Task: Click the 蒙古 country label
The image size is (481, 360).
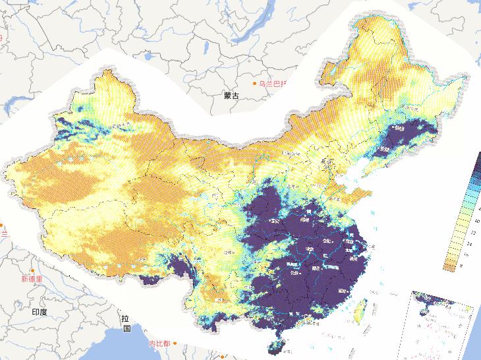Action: point(231,96)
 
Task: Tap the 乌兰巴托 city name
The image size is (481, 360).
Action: point(277,84)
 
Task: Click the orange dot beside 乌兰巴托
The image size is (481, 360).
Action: point(255,84)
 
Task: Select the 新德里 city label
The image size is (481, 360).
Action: point(31,279)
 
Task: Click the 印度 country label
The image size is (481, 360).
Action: point(40,311)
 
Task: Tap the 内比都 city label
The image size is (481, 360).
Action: point(159,344)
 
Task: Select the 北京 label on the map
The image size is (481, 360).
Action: point(327,161)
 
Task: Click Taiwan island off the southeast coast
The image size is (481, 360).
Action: point(360,309)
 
